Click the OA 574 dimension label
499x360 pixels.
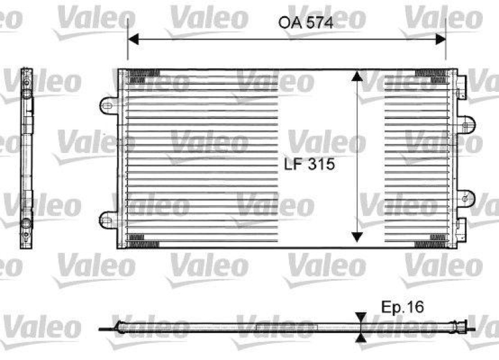click(305, 24)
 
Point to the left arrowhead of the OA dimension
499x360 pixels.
click(133, 39)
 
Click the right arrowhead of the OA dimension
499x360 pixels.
click(441, 39)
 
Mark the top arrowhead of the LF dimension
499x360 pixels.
click(356, 76)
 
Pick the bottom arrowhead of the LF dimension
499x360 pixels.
click(356, 236)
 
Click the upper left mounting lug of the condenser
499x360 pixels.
click(108, 105)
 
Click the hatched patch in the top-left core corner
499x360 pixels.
click(137, 77)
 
